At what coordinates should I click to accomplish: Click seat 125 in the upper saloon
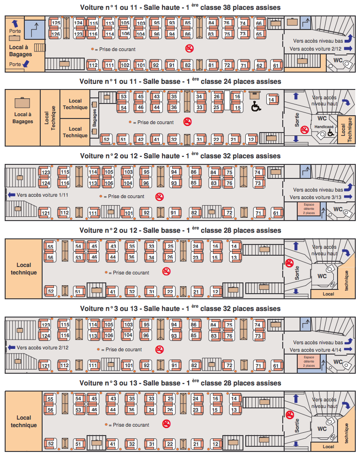click(55, 23)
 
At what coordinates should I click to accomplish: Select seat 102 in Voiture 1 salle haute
click(125, 65)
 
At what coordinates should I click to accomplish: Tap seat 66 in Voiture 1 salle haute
click(259, 23)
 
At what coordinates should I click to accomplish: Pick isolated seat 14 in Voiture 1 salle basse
click(272, 100)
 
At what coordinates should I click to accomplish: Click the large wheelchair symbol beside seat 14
click(256, 106)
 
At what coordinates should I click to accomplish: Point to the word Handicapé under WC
click(324, 126)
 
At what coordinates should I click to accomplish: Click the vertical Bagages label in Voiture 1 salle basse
click(95, 118)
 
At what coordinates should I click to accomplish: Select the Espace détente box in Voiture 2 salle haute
click(309, 208)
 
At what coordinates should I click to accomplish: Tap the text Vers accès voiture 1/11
click(43, 195)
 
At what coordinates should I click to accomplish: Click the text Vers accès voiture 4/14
click(316, 350)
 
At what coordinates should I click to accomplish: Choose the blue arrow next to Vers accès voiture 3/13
click(348, 197)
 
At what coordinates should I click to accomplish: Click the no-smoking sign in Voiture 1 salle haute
click(190, 48)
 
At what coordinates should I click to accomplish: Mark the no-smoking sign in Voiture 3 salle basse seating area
click(166, 424)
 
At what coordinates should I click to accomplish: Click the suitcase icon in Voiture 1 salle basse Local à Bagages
click(22, 102)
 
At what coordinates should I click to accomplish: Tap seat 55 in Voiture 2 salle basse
click(50, 246)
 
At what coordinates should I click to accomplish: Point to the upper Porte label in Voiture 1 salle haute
click(15, 31)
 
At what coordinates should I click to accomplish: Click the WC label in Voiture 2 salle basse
click(322, 276)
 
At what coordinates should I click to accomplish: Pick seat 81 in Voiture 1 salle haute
click(211, 65)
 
